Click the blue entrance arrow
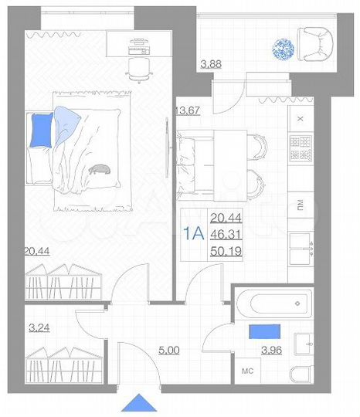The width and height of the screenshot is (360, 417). pos(140,402)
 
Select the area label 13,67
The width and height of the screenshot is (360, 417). pos(188,110)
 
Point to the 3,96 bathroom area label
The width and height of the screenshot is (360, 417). pos(273,351)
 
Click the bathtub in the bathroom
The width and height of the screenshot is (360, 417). pos(273,304)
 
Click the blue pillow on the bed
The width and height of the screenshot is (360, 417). pos(42,130)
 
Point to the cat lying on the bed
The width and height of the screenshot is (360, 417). pos(100,168)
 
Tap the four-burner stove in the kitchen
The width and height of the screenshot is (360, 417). pos(301,148)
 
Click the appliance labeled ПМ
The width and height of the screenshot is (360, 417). pos(301,205)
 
